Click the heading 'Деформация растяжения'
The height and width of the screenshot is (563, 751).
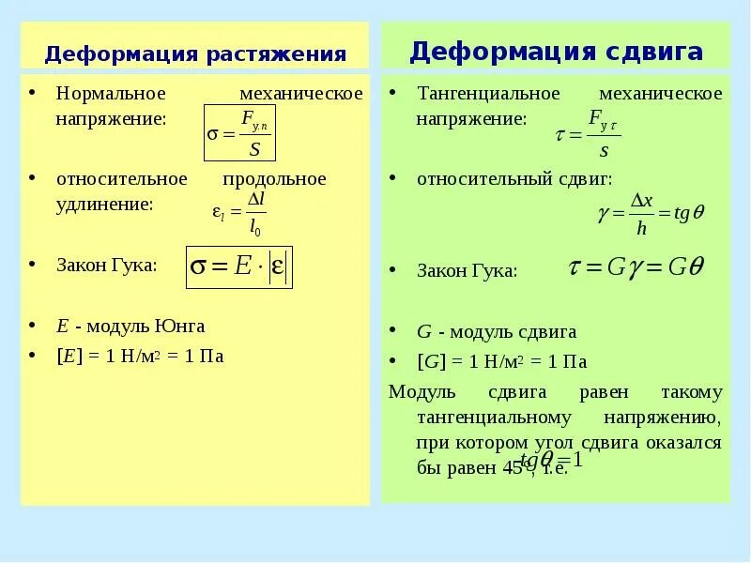point(195,53)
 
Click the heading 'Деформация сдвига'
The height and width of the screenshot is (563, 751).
point(556,51)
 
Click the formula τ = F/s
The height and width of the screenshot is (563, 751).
point(589,134)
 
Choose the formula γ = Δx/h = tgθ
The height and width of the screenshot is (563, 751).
point(651,213)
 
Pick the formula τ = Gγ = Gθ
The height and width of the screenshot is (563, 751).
point(636,267)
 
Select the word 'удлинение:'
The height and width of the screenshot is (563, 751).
point(104,204)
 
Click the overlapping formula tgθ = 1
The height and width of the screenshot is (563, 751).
point(552,460)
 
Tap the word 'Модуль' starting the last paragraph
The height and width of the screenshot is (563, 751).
point(421,392)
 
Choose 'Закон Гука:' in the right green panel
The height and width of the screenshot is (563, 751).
point(467,271)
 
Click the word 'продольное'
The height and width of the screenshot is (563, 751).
point(274,178)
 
